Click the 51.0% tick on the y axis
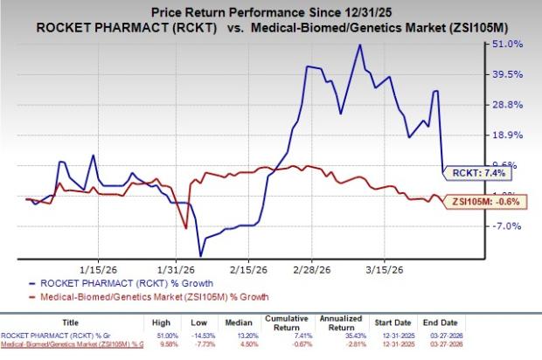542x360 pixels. [511, 43]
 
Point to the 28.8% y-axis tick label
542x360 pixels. [511, 104]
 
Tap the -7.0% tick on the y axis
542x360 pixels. [511, 225]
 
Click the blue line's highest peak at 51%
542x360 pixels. [358, 45]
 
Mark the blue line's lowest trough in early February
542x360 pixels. [200, 256]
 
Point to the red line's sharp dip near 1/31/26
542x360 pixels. [186, 228]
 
